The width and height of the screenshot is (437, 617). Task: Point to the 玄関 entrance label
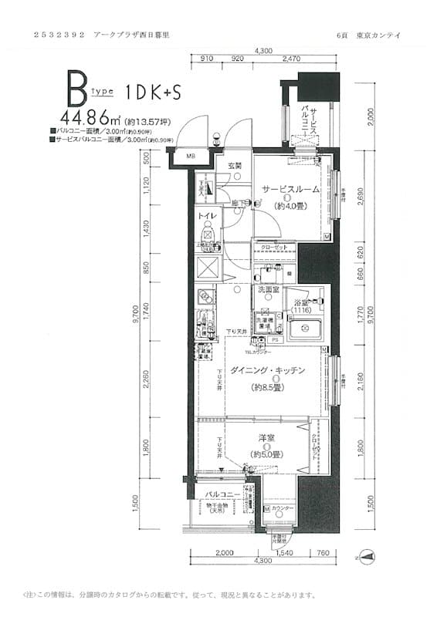tap(235, 166)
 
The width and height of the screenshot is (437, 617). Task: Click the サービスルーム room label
tap(290, 189)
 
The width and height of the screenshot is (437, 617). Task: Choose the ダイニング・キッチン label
tap(268, 371)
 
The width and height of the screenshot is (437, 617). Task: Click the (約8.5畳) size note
tap(268, 387)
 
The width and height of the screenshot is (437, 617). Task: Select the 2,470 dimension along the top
tap(292, 59)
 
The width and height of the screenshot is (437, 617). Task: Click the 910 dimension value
tap(206, 59)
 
